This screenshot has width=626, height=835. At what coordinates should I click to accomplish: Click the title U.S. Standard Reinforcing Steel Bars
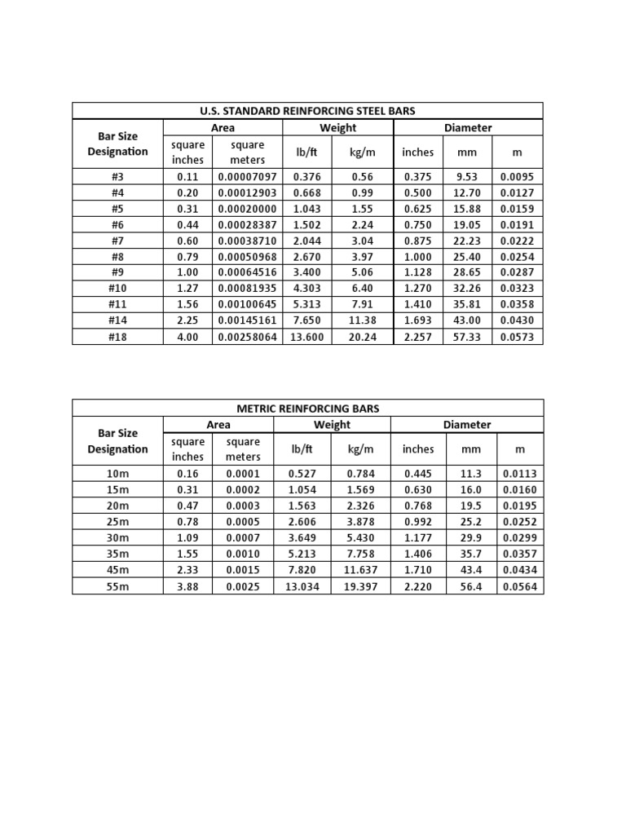[307, 111]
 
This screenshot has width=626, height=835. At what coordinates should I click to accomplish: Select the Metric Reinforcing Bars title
[307, 409]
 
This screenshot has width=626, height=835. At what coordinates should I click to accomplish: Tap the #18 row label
[117, 337]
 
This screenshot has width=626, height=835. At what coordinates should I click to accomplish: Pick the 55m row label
[117, 586]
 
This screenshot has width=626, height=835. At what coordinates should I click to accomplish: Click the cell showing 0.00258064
[247, 337]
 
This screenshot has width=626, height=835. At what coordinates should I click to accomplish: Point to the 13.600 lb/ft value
[306, 337]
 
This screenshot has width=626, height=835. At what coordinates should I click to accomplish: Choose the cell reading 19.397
[360, 586]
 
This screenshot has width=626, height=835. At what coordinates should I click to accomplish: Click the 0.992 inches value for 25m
[417, 522]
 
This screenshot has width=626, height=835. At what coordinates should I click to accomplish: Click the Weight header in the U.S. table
[337, 127]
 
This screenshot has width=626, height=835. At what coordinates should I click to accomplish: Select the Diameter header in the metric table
[467, 425]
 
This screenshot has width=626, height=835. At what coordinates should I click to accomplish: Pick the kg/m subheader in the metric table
[360, 448]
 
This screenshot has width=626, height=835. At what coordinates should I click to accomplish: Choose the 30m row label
[117, 538]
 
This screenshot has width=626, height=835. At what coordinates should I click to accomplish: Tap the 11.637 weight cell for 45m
[360, 570]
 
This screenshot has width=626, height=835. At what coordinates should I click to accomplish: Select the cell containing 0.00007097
[247, 177]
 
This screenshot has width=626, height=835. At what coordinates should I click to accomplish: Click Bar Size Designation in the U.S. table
[117, 144]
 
